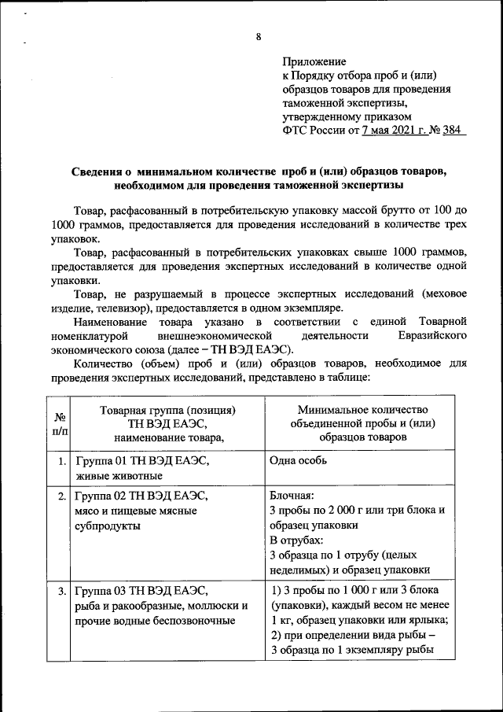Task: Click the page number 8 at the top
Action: (x=258, y=37)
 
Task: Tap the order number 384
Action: (x=453, y=131)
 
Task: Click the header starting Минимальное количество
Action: (x=362, y=411)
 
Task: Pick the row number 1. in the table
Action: (x=61, y=462)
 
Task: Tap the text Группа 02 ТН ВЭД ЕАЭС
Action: (x=142, y=496)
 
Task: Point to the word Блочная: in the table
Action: (x=292, y=496)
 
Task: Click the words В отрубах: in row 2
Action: (x=296, y=541)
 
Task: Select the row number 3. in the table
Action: (x=61, y=590)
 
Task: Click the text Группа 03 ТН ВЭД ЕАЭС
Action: (x=142, y=590)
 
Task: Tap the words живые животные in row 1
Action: (x=119, y=476)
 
